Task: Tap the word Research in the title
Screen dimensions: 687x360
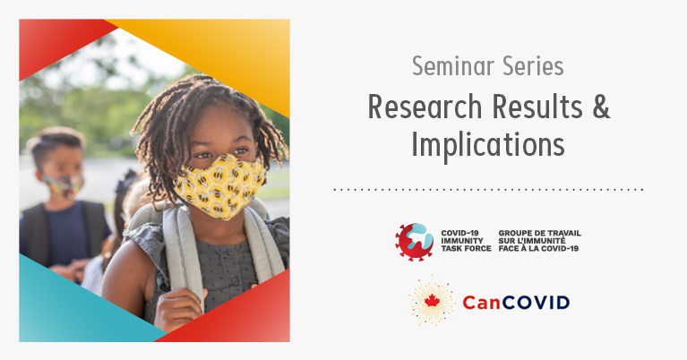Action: pyautogui.click(x=425, y=107)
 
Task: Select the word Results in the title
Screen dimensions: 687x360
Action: pyautogui.click(x=537, y=107)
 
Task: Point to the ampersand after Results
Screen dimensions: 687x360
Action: pyautogui.click(x=601, y=107)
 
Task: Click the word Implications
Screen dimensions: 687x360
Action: pyautogui.click(x=488, y=144)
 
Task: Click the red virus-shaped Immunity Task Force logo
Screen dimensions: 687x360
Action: pyautogui.click(x=414, y=242)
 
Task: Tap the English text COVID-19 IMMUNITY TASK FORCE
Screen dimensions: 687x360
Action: pyautogui.click(x=466, y=241)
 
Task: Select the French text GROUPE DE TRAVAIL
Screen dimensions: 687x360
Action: pyautogui.click(x=540, y=233)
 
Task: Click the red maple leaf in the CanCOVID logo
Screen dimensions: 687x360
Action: pyautogui.click(x=432, y=300)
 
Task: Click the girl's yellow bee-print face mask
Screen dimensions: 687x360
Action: pyautogui.click(x=220, y=185)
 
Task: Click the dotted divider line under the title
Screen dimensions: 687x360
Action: pyautogui.click(x=488, y=190)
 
